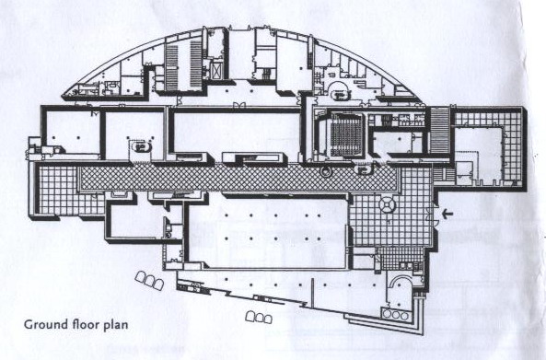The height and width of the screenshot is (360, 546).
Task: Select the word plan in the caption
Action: click(x=116, y=325)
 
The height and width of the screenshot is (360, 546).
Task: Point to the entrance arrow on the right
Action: click(x=447, y=215)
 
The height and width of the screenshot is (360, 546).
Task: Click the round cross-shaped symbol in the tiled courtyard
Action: click(x=387, y=204)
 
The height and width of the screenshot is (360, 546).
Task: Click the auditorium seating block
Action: click(x=346, y=134)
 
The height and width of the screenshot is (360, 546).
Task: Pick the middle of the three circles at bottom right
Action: click(x=396, y=315)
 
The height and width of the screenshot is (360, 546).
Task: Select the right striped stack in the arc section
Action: click(x=196, y=64)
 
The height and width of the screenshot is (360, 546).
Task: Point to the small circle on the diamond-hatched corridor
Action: click(x=326, y=171)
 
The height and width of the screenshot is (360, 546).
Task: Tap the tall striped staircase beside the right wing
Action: click(x=439, y=131)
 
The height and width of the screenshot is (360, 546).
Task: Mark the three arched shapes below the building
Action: click(x=259, y=317)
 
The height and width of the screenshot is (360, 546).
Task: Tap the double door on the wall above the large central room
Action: click(x=239, y=104)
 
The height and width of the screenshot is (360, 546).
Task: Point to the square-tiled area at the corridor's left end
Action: click(x=57, y=190)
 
